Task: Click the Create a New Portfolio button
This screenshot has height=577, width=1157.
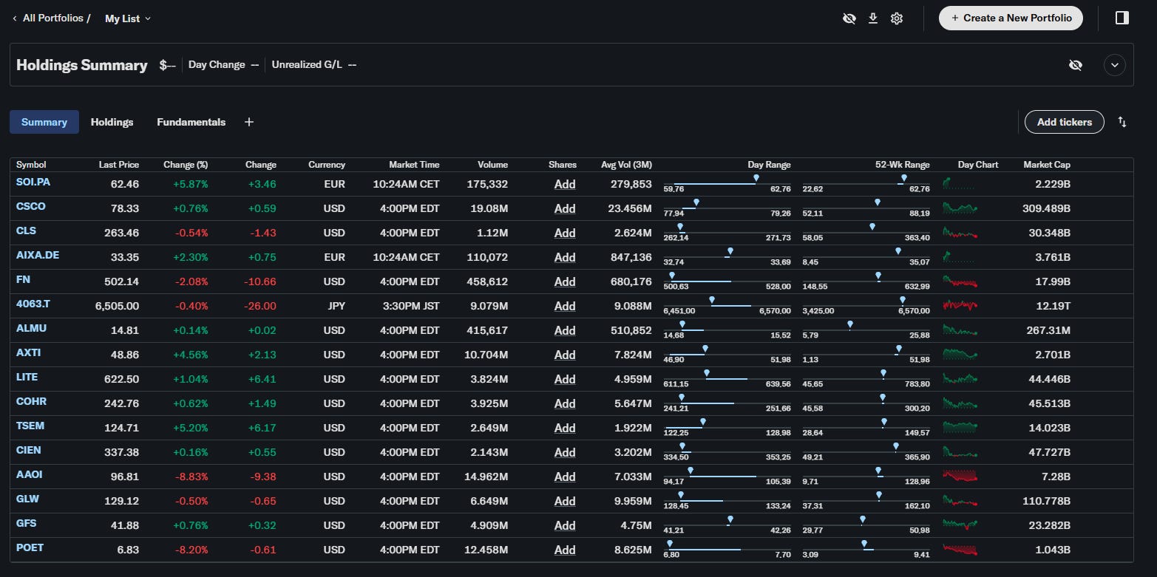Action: point(1011,18)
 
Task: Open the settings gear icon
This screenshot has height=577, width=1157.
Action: point(897,18)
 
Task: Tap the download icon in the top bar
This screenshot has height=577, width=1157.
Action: point(873,18)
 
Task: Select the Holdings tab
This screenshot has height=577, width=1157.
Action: point(112,122)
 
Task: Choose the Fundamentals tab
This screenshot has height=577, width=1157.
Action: point(191,122)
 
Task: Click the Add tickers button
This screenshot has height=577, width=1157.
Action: point(1065,122)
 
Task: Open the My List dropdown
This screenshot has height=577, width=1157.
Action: point(128,18)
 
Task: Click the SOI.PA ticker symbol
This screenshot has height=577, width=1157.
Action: point(33,182)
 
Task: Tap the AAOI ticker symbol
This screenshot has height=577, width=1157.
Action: point(29,474)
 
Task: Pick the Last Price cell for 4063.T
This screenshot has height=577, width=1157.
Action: point(117,306)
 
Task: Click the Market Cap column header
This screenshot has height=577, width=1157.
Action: point(1046,165)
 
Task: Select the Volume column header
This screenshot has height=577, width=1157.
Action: point(492,165)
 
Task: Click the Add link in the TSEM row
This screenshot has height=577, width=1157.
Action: point(565,428)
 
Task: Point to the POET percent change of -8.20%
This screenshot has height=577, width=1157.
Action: point(191,550)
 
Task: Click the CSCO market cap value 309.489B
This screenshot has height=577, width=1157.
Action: point(1046,208)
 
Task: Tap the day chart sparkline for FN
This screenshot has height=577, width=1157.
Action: point(960,281)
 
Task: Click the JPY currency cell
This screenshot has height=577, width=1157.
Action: point(336,306)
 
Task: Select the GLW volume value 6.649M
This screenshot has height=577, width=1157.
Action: point(489,501)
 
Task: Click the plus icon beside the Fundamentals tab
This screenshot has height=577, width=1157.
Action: point(249,122)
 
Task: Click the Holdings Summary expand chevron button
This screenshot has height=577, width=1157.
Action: point(1115,65)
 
